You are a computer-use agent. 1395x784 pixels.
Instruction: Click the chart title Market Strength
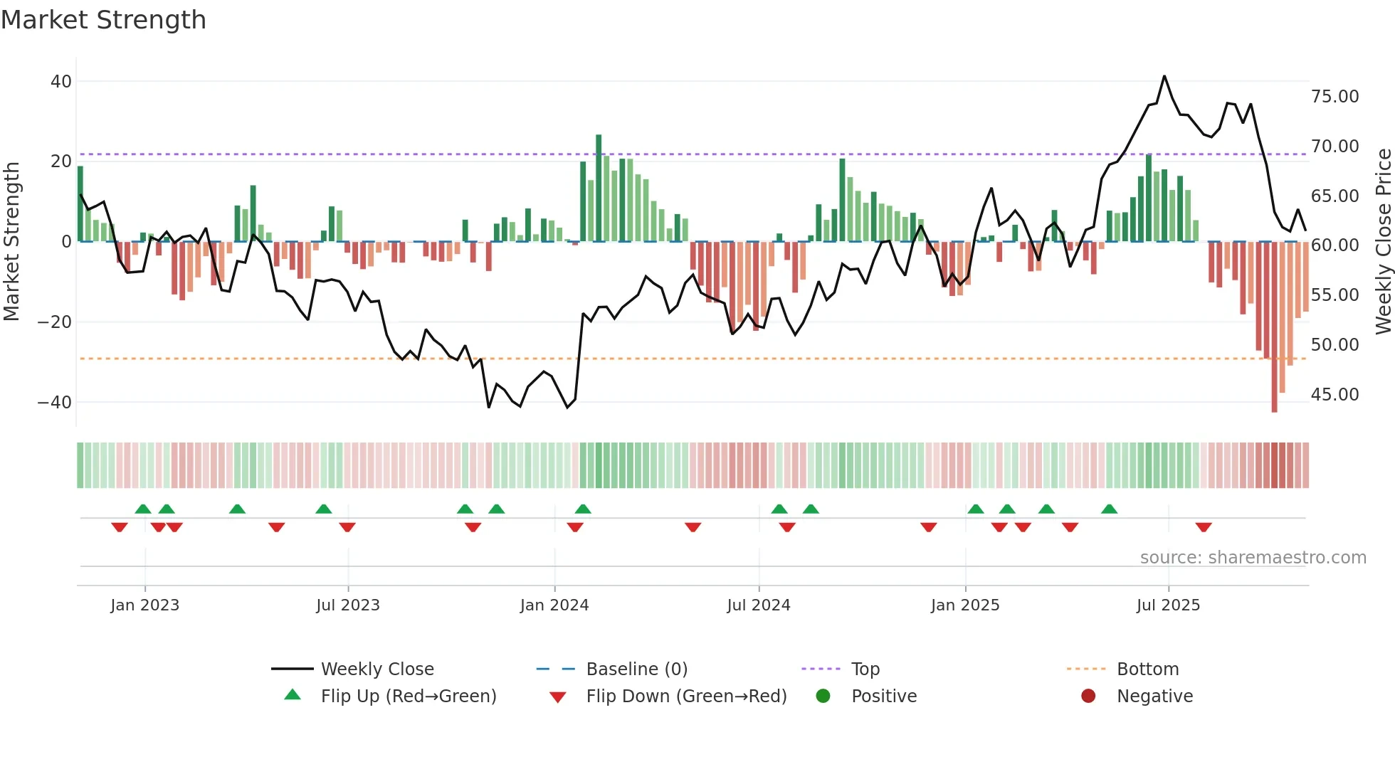[x=103, y=20]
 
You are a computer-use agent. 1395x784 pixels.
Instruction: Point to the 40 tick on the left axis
[x=61, y=81]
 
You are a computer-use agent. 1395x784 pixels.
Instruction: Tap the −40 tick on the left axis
[x=56, y=402]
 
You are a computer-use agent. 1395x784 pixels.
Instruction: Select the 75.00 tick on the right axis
[x=1335, y=96]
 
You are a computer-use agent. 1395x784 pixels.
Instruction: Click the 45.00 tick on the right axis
[x=1335, y=394]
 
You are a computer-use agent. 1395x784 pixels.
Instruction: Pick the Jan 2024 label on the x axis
[x=554, y=605]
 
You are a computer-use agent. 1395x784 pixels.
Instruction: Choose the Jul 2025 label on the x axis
[x=1168, y=605]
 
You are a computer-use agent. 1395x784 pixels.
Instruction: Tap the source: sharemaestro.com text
[x=1253, y=557]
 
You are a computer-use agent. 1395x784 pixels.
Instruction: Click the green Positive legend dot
[x=823, y=696]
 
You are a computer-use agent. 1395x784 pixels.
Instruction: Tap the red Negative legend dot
[x=1088, y=696]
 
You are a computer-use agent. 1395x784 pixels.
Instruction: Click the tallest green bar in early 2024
[x=599, y=188]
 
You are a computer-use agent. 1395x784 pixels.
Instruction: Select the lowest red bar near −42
[x=1274, y=327]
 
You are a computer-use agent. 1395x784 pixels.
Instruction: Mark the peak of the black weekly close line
[x=1164, y=76]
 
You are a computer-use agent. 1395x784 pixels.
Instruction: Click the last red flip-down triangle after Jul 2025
[x=1204, y=527]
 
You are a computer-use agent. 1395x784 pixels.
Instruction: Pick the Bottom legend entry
[x=1147, y=669]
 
